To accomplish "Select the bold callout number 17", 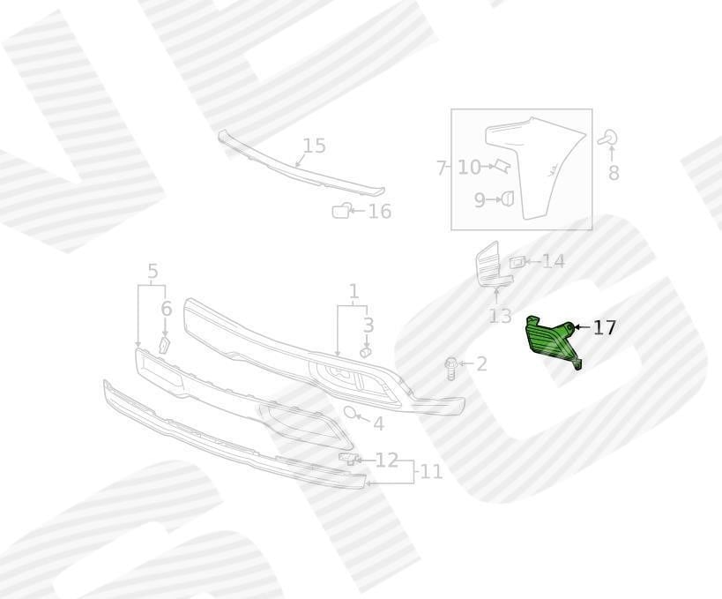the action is pos(604,327).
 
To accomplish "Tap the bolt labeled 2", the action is pos(450,369).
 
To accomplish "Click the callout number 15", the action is pos(314,146).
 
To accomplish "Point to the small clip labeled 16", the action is pos(341,211).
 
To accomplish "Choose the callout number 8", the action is pos(614,173).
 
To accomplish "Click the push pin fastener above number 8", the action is pos(608,138).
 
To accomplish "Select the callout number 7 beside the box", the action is pos(441,168).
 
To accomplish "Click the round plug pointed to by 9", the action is pos(508,199).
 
